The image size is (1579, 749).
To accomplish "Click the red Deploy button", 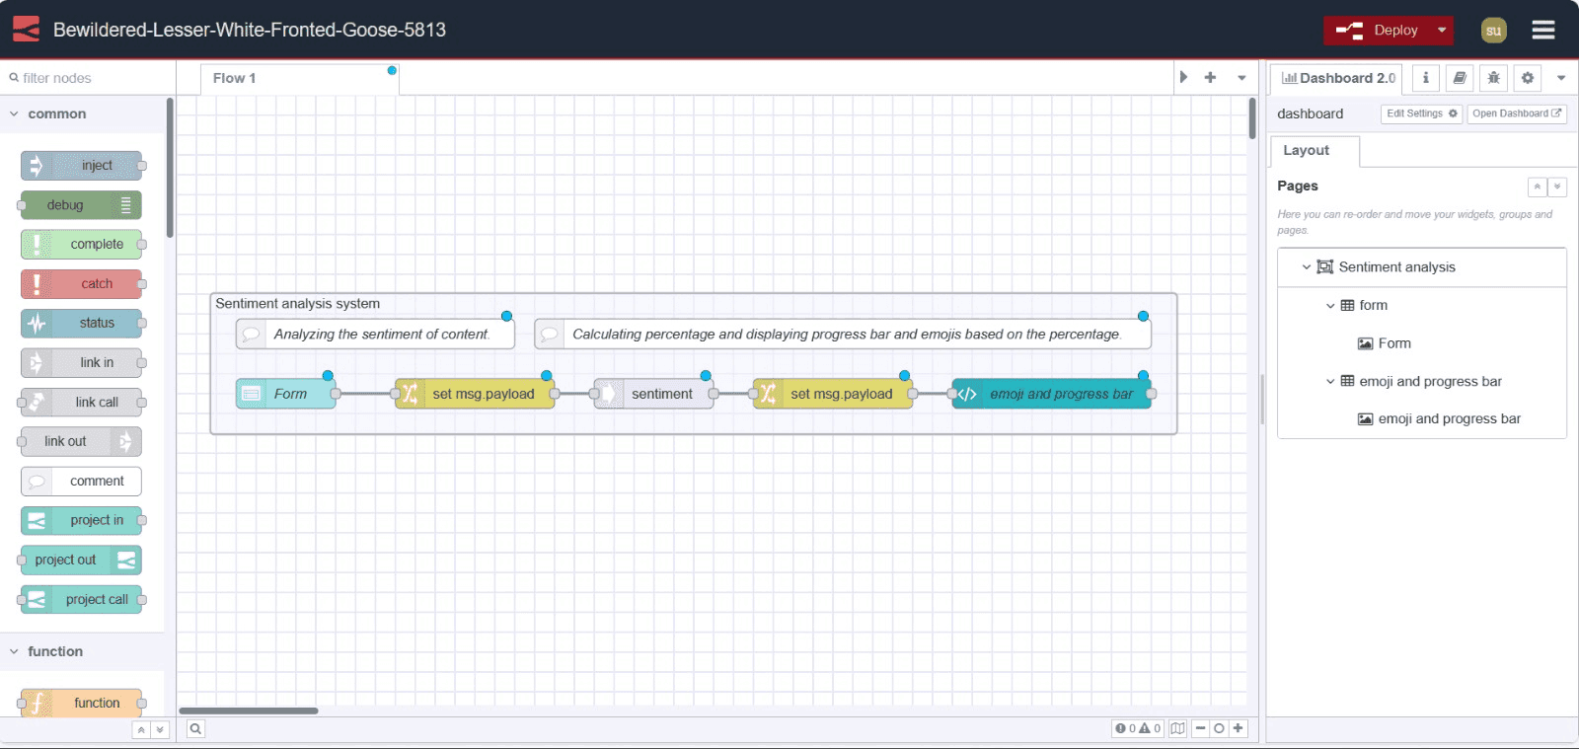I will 1376,31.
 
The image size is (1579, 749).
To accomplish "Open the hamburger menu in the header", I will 1542,31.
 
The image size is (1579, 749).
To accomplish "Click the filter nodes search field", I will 89,78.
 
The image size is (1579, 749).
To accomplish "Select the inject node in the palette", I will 83,166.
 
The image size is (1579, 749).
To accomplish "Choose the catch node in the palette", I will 83,284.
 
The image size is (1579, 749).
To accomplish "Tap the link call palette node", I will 83,403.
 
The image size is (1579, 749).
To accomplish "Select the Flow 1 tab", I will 235,78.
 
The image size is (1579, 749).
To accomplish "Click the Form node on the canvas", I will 286,394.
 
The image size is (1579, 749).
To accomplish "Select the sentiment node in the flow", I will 655,394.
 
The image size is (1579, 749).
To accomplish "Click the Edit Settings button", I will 1421,113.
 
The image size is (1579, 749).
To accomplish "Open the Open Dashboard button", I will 1516,113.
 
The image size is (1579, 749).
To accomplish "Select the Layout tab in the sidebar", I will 1306,150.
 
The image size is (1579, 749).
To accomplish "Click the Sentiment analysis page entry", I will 1395,267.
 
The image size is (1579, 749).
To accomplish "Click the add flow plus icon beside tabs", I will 1210,78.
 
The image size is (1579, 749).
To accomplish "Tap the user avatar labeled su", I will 1493,31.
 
